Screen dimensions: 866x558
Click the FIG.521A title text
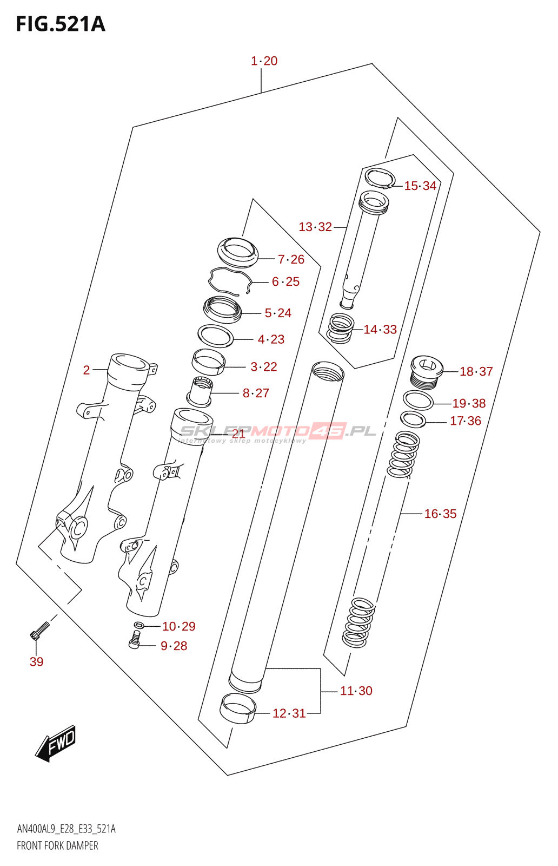pos(61,24)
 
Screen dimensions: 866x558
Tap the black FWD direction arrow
pos(56,743)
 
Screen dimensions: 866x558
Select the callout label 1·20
pos(264,61)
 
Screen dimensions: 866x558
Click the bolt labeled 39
pos(39,631)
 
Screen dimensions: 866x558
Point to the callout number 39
pos(36,661)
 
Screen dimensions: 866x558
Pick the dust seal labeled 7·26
pos(238,252)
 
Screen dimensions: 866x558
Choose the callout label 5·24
pos(278,313)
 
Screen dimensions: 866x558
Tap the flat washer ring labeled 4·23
pos(216,336)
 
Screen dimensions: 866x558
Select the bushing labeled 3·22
pos(209,362)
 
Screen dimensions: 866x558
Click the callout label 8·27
pos(256,393)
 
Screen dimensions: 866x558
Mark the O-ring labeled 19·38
pos(418,401)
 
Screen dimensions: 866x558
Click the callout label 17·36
pos(466,421)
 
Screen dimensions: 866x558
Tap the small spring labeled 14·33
pos(341,328)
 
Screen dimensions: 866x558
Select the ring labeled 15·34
pos(380,178)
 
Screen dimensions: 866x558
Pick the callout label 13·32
pos(315,227)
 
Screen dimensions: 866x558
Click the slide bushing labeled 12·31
pos(237,708)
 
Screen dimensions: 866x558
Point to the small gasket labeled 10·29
pos(139,626)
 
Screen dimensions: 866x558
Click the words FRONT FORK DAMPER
pos(57,845)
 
